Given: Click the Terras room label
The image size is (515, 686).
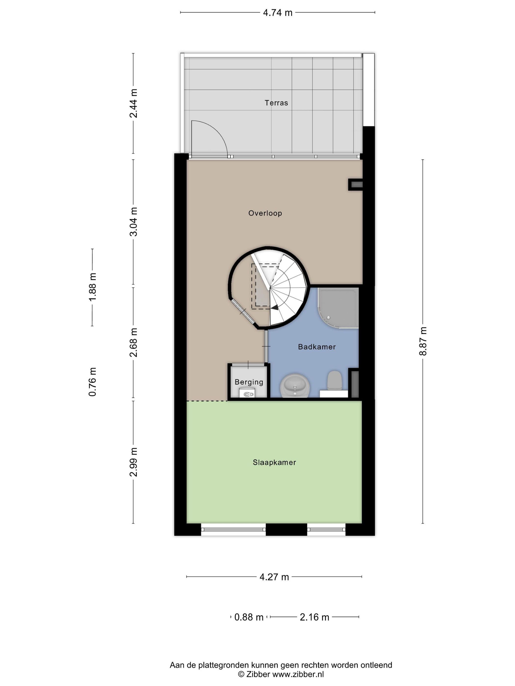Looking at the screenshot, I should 276,103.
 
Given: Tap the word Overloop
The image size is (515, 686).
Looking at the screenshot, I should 265,213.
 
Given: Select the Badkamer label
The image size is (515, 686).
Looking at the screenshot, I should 317,347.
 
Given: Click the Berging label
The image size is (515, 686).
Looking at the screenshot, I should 249,382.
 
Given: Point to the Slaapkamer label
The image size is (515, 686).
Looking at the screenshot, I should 274,462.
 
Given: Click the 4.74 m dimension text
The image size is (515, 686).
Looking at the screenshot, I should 278,13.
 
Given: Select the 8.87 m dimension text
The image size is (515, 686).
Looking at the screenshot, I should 423,341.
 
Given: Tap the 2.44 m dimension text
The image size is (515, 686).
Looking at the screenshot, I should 133,103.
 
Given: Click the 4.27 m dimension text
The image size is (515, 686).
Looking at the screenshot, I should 274,577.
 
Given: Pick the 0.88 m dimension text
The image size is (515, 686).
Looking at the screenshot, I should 249,617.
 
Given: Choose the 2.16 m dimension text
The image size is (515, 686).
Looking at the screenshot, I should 314,617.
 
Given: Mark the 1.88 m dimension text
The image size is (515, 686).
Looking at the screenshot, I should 92,287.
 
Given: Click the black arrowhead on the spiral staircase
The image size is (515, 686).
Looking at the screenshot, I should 274,307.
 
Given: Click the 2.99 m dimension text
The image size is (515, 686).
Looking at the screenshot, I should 133,462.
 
